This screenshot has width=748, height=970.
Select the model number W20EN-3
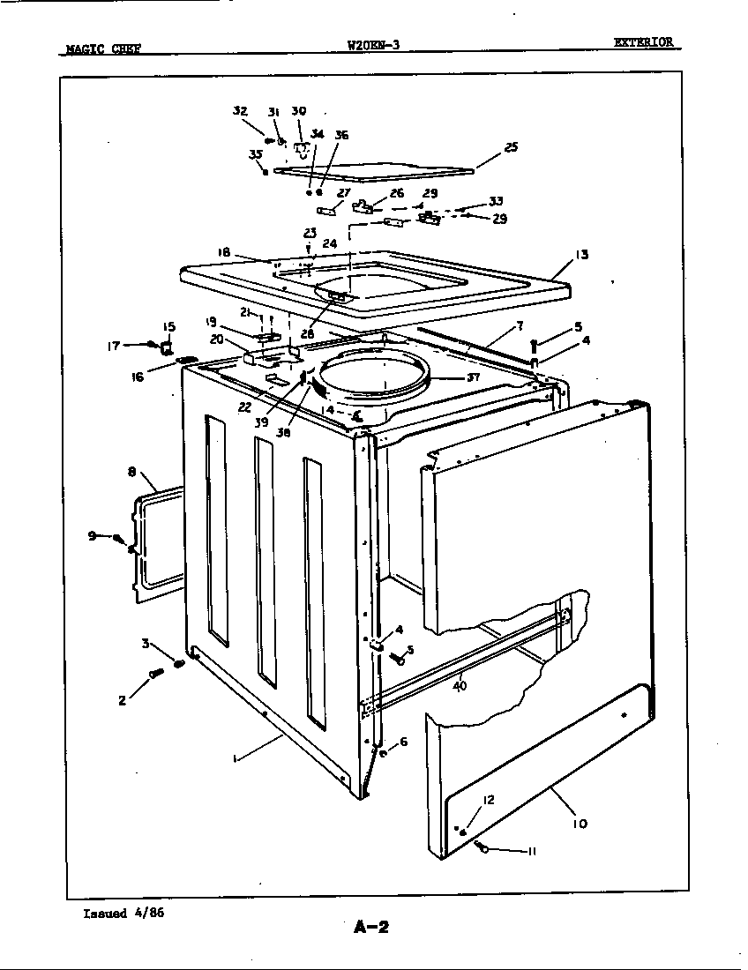(374, 45)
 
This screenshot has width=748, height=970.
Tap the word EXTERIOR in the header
(644, 41)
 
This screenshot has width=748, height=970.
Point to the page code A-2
(371, 926)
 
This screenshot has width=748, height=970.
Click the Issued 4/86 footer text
(123, 913)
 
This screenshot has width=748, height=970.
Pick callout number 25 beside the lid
(511, 147)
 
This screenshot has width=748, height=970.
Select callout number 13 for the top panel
(582, 255)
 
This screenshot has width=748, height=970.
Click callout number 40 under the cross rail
(460, 684)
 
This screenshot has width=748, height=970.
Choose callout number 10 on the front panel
(579, 824)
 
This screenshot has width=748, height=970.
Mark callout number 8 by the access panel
(131, 473)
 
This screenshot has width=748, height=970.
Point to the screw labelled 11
(482, 847)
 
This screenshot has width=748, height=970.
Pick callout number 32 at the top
(239, 111)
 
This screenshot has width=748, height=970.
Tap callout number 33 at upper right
(496, 201)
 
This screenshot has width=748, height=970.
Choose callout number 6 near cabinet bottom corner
(403, 742)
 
